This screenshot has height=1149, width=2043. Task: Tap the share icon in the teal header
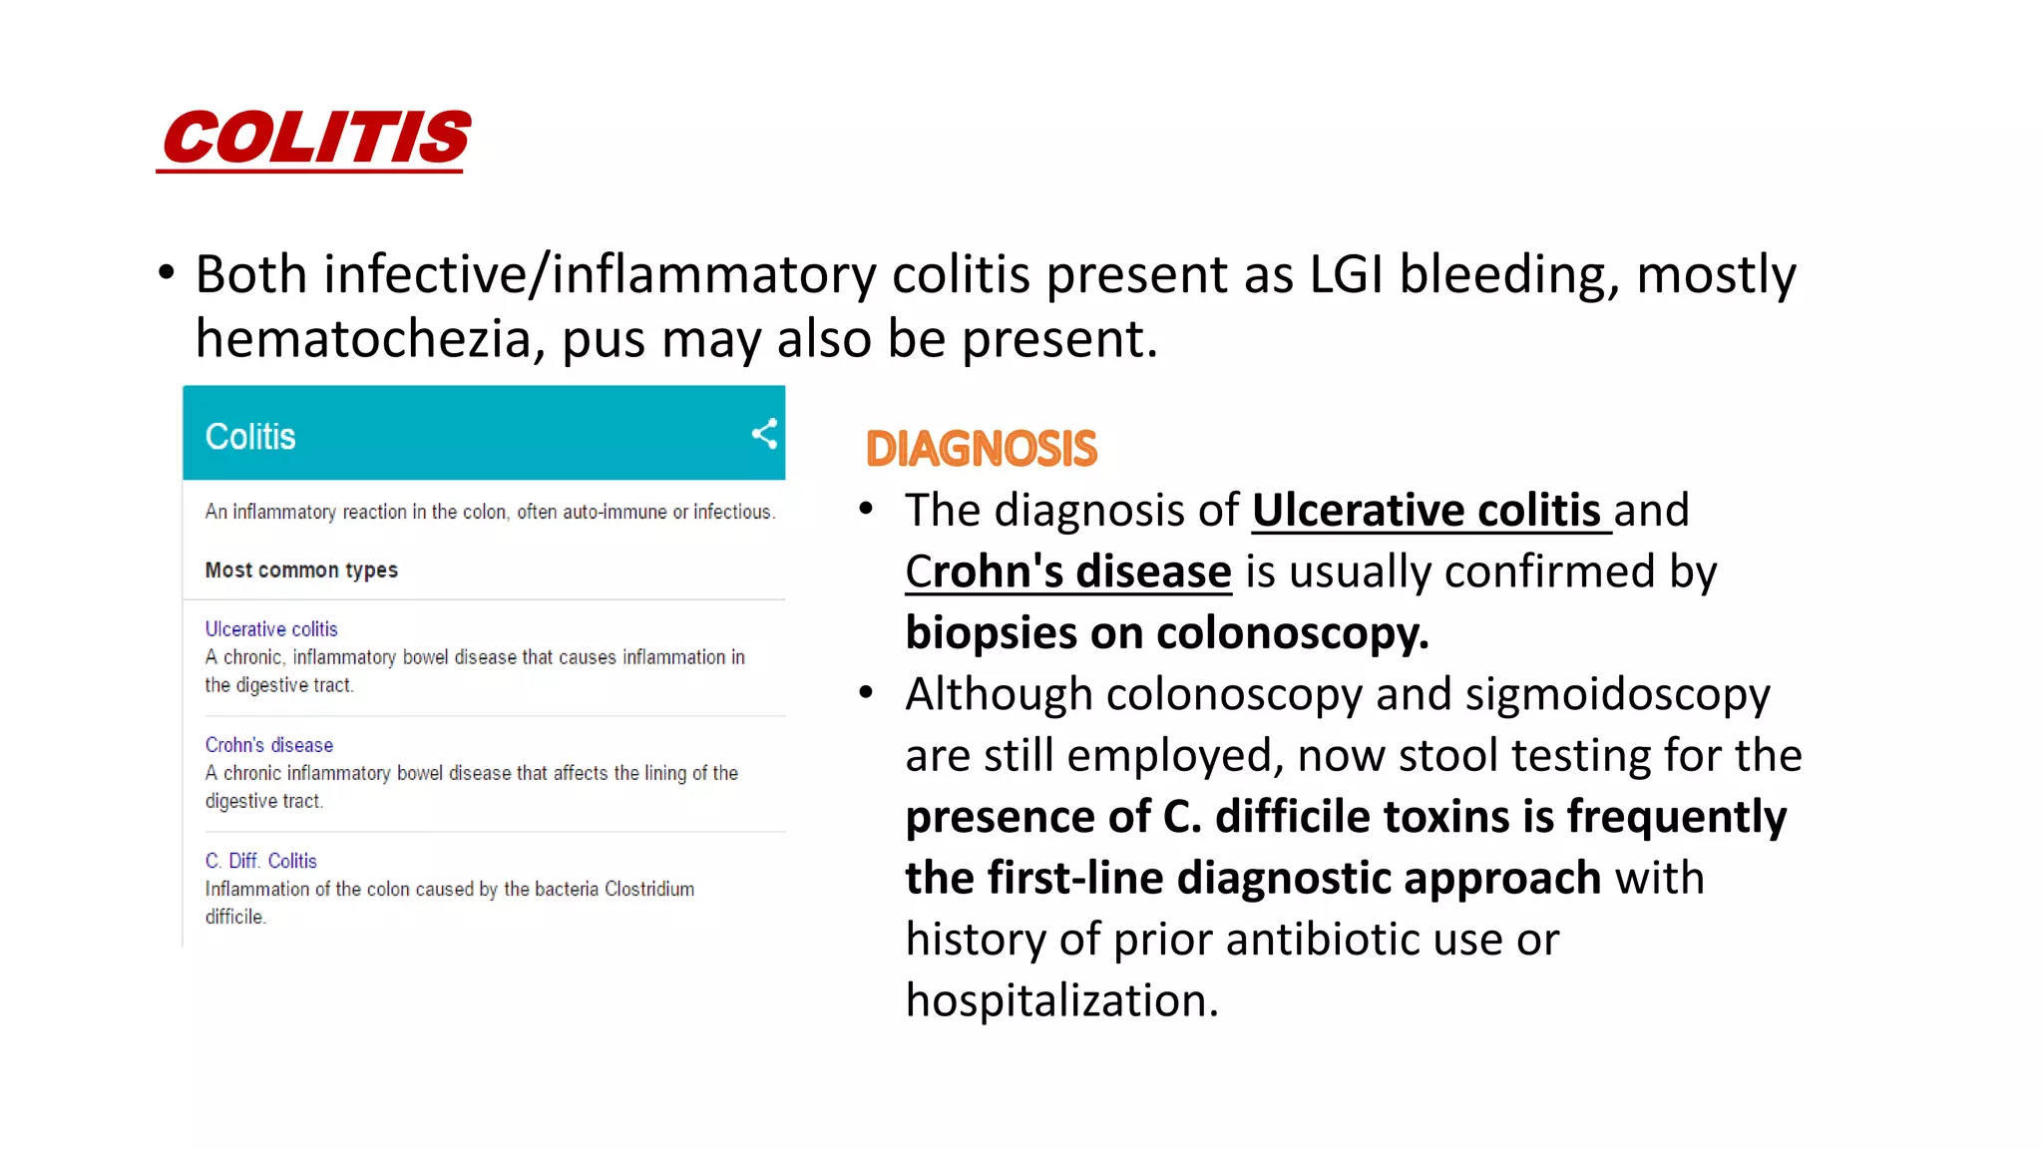point(764,434)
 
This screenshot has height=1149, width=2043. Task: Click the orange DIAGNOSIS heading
point(981,449)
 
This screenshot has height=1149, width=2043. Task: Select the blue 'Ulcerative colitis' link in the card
point(271,629)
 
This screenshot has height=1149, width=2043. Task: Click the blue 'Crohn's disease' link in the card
point(269,745)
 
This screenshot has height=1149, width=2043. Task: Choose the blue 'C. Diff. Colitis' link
point(261,861)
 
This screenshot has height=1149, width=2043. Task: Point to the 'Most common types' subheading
point(301,571)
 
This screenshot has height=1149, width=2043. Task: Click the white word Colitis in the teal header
point(250,437)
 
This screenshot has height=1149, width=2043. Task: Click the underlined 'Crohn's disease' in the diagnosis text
point(1068,573)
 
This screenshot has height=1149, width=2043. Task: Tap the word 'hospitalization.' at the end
point(1061,1000)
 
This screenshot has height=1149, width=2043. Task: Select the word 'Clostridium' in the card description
point(648,889)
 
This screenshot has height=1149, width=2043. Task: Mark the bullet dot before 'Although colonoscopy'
point(866,692)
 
